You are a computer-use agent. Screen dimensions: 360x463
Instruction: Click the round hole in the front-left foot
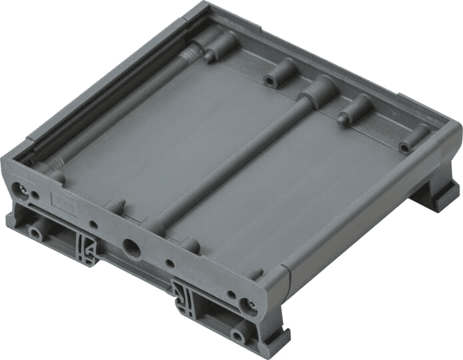point(35,234)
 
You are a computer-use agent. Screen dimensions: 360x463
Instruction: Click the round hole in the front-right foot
point(236,334)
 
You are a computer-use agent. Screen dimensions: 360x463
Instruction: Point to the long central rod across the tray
point(233,160)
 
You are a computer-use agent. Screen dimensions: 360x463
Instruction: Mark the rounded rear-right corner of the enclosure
point(452,130)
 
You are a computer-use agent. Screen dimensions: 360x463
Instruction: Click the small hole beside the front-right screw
point(231,293)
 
